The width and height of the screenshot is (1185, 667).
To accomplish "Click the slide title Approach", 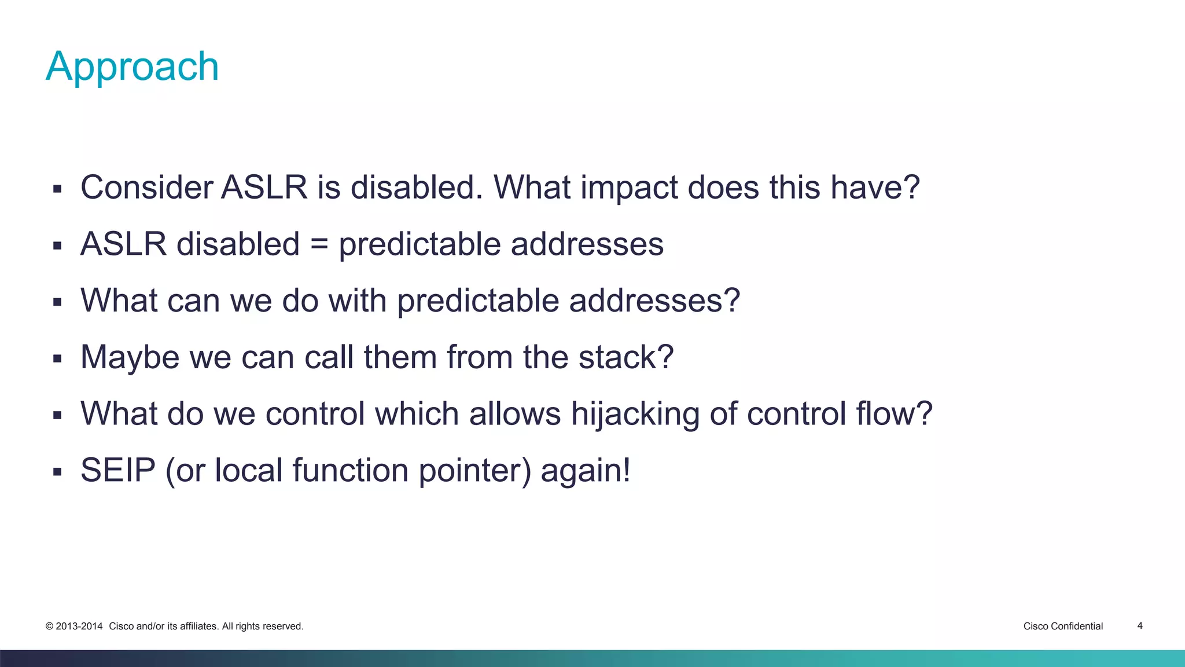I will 132,67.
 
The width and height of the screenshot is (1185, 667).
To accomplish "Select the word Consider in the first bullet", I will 146,188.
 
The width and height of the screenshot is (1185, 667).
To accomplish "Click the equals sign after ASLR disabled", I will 319,244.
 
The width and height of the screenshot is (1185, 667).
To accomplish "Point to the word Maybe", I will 130,357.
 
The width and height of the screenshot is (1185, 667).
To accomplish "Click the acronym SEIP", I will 118,470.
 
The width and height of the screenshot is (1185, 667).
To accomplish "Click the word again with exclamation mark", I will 585,470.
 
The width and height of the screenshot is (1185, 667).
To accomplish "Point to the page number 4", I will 1140,625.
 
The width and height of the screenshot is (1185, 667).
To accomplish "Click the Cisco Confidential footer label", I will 1063,626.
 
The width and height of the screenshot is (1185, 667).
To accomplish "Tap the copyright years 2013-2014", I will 79,626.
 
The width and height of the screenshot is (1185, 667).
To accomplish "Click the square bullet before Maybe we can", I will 57,359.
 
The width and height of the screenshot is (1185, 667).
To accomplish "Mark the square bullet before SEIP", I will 57,472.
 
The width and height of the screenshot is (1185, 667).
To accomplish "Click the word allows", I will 514,414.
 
